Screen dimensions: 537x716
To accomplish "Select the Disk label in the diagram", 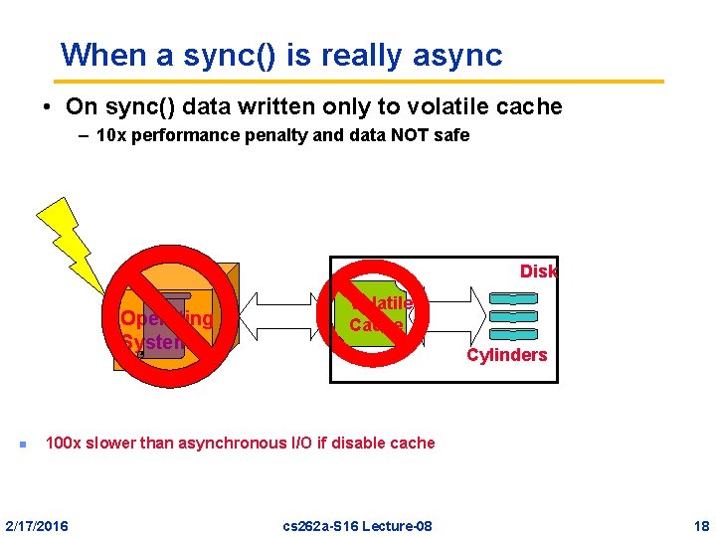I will point(538,271).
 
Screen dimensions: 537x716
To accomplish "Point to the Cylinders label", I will point(507,355).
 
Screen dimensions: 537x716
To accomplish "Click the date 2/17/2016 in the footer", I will point(38,525).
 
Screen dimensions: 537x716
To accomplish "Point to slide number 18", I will point(701,525).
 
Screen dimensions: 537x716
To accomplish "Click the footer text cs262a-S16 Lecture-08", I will point(358,525).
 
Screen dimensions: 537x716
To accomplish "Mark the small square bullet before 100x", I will point(19,444).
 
